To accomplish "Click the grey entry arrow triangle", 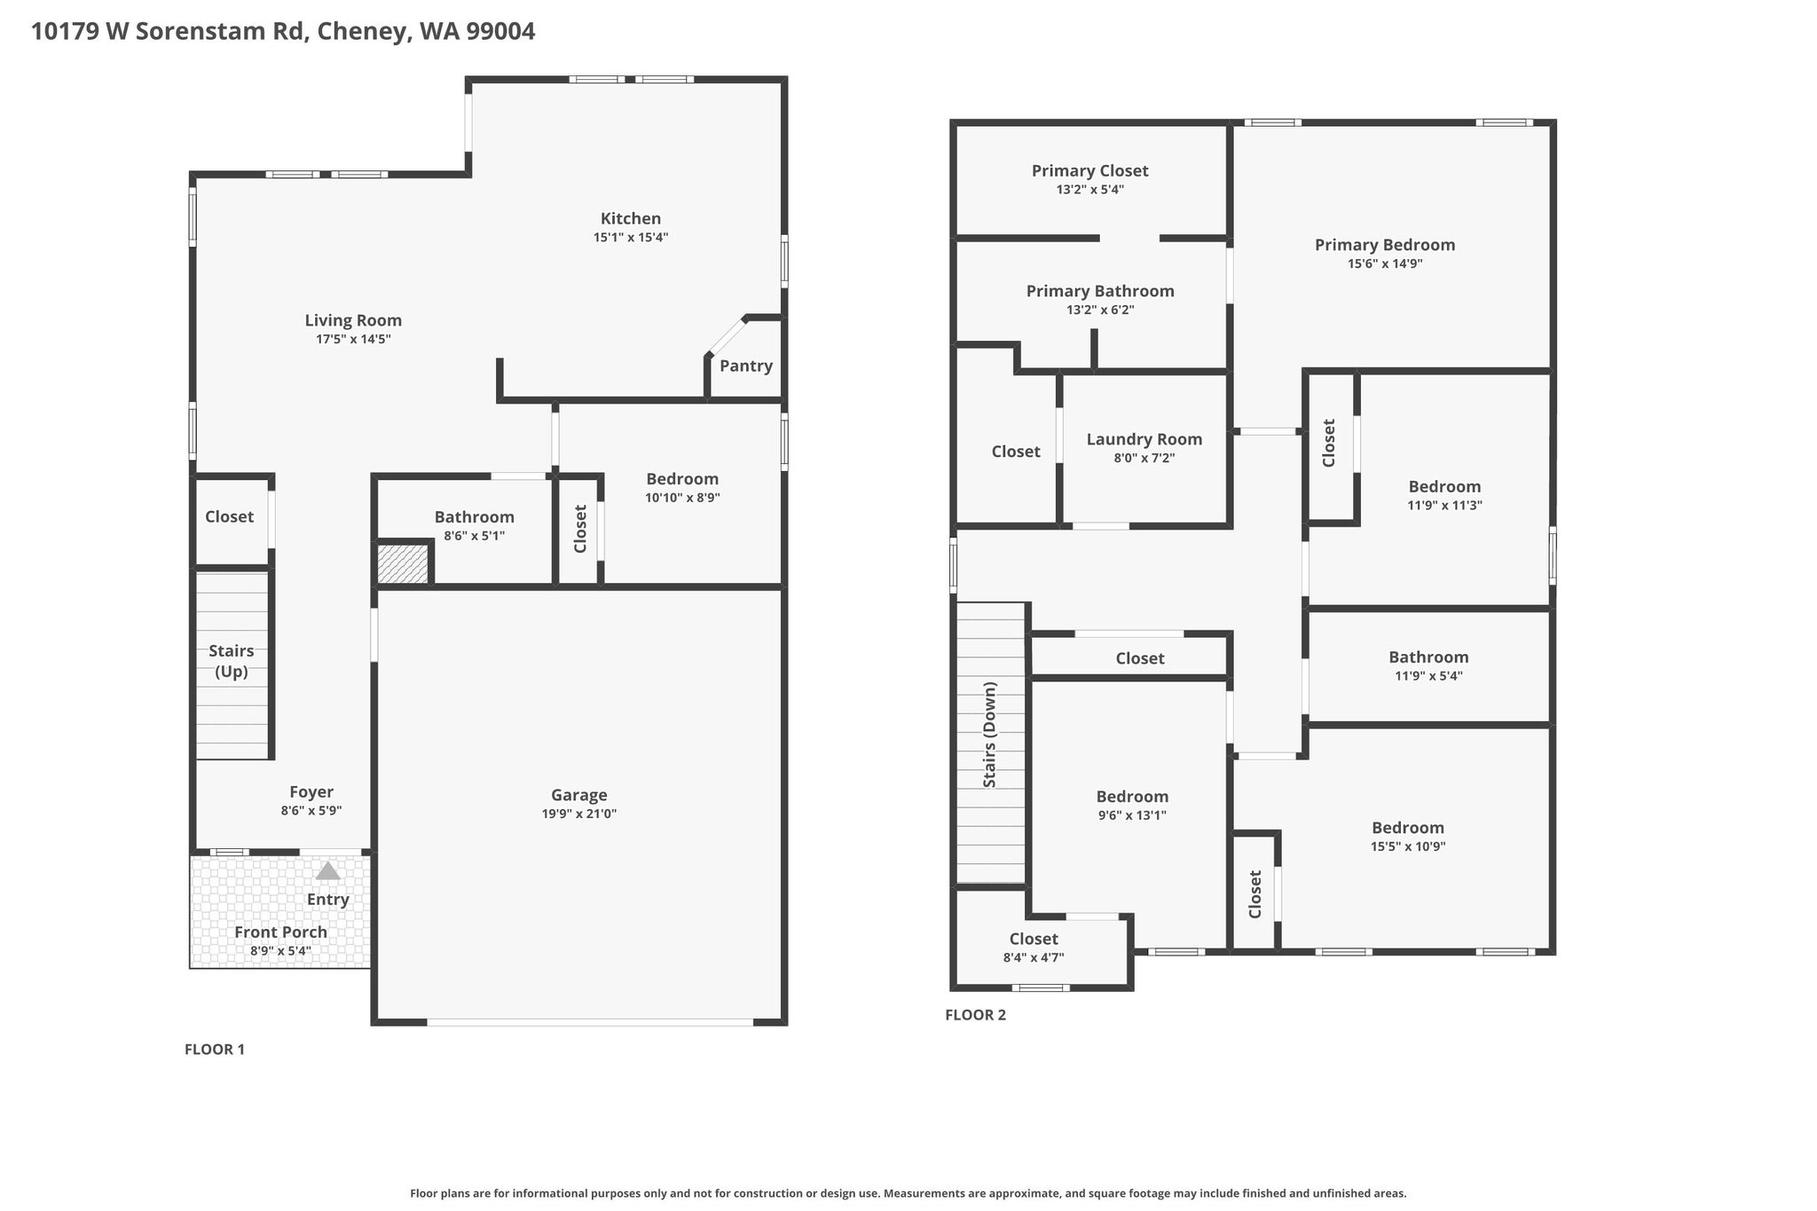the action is [328, 871].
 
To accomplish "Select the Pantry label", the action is [746, 366].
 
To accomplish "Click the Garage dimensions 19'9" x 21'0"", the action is [579, 814].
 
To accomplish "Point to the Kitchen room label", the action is [631, 218].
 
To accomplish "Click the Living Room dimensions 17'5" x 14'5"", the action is [353, 339].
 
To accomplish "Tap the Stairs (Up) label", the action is [232, 661].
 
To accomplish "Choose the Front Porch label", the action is [280, 932].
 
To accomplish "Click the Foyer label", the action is [311, 792].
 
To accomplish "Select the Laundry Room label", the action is [1144, 439].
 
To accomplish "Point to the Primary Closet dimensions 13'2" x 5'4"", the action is [1089, 189].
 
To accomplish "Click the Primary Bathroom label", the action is [1100, 291].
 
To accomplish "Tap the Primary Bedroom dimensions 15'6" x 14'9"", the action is [1385, 263].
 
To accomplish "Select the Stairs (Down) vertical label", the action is [990, 735].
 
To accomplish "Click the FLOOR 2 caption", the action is [976, 1015].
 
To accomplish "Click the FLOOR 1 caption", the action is [215, 1050].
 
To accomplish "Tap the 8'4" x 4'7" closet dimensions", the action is [1034, 957].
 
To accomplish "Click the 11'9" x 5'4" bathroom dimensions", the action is [1428, 675].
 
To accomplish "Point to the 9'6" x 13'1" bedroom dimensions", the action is [1132, 815].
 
